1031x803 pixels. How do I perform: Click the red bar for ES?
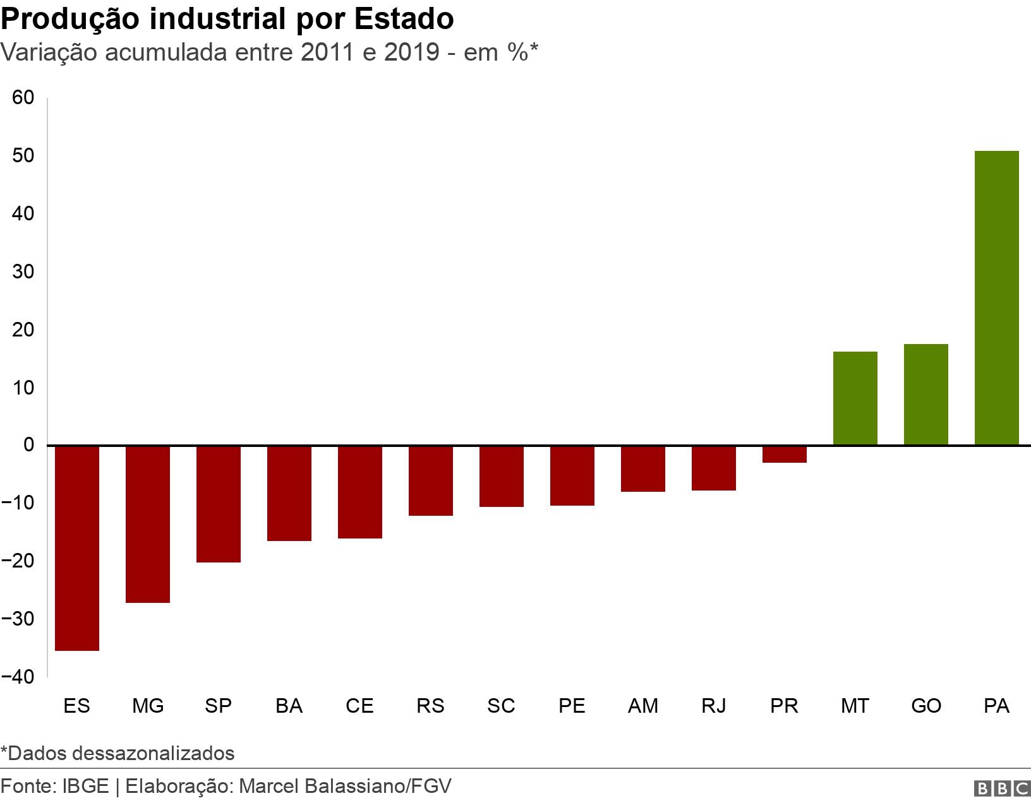click(x=77, y=548)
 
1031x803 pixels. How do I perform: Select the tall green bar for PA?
click(x=996, y=298)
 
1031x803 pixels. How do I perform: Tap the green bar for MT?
click(x=855, y=398)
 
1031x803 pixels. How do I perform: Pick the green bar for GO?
click(x=925, y=395)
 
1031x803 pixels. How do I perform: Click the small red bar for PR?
click(x=784, y=455)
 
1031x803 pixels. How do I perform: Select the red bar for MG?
click(x=148, y=524)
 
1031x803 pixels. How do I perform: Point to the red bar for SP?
click(x=219, y=504)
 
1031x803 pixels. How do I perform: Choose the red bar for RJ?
click(x=713, y=468)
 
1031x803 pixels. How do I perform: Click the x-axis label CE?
click(x=359, y=706)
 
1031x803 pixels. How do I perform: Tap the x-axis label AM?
click(x=642, y=706)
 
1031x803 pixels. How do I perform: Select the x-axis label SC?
click(x=501, y=706)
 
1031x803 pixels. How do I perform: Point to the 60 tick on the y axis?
click(x=23, y=98)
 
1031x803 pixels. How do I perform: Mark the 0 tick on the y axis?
click(x=28, y=445)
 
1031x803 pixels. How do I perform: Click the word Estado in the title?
click(x=403, y=20)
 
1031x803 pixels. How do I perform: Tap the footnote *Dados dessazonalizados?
click(x=118, y=753)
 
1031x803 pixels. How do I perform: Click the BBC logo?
click(x=1001, y=788)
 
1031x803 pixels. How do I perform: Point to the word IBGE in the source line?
click(x=85, y=787)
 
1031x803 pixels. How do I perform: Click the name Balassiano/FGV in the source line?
click(x=378, y=787)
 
